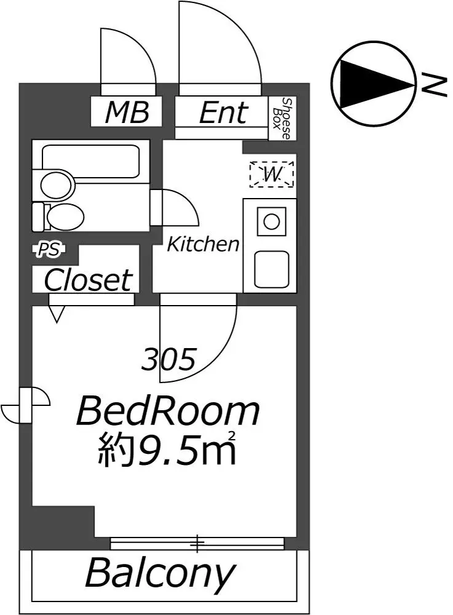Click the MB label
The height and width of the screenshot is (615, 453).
tap(127, 112)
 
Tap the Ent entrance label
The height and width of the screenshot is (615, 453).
tap(224, 113)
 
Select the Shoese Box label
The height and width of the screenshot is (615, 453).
tap(283, 119)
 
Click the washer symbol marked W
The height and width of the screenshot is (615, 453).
tap(272, 174)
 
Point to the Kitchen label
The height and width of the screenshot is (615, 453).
tap(203, 244)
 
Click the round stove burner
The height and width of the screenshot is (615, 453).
tap(271, 222)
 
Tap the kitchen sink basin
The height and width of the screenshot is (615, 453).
tap(272, 269)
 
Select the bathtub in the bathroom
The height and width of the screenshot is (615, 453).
tap(90, 161)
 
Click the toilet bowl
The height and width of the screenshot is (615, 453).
tap(65, 217)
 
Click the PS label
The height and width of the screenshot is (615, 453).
tap(49, 250)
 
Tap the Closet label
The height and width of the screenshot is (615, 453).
tap(88, 280)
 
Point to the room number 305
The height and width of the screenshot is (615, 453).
tap(168, 359)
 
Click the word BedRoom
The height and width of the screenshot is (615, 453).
tap(168, 411)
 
